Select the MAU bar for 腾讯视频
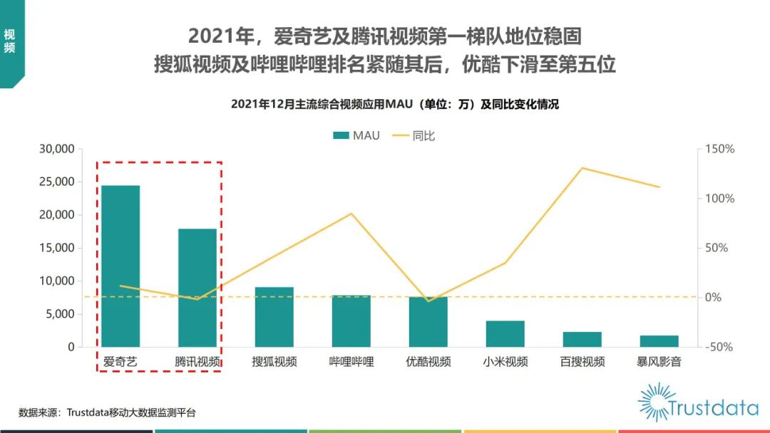[x=197, y=288]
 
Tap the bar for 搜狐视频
[x=274, y=317]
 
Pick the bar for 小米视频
[x=505, y=334]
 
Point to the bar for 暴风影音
[x=659, y=341]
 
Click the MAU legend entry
[x=356, y=135]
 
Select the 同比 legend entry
[x=414, y=135]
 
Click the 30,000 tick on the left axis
[x=56, y=149]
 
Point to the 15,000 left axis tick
[x=56, y=248]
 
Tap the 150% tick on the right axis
[x=720, y=149]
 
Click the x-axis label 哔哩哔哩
[x=351, y=362]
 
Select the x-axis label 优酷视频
[x=428, y=362]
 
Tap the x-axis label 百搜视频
[x=582, y=362]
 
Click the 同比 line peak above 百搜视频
[x=582, y=168]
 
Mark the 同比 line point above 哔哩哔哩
[x=351, y=214]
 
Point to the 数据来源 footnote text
[x=107, y=412]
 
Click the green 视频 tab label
[x=10, y=41]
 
